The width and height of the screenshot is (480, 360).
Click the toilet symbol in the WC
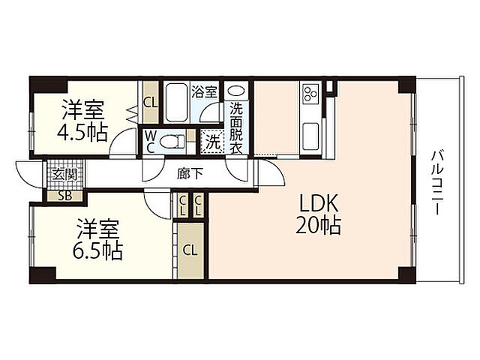172,142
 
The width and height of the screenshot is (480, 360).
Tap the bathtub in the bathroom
175,103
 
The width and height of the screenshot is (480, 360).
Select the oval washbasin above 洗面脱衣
236,91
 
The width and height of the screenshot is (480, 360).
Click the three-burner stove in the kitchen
310,94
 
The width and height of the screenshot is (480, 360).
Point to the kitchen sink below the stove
310,136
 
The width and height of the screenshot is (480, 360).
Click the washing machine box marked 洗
212,142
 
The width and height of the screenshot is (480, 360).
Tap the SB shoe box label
65,196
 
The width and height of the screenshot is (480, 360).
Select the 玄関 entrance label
64,175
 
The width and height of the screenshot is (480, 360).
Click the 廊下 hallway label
190,174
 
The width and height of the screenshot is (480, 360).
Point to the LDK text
319,203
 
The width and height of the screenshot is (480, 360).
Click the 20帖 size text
318,225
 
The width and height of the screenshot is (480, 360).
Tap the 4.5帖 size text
82,132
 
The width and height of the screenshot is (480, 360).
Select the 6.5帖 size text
97,251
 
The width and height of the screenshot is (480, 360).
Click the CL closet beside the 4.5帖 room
151,103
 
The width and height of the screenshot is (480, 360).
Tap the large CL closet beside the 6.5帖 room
190,251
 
